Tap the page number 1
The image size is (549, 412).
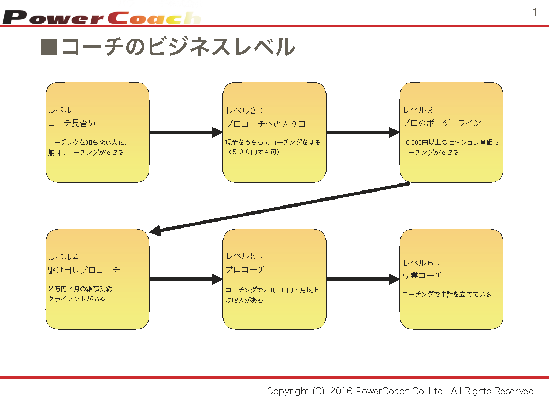[x=535, y=12]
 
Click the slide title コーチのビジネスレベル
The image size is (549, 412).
[x=178, y=47]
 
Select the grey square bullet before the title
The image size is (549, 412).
[x=49, y=47]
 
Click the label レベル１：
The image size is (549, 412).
[x=66, y=110]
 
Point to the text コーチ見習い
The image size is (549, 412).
[x=72, y=123]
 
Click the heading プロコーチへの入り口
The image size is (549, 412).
[x=265, y=124]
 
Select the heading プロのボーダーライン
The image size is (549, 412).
[x=442, y=123]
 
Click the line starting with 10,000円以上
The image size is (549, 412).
[x=450, y=143]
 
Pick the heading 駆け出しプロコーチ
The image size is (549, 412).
[x=84, y=270]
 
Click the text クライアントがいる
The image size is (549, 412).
[x=76, y=299]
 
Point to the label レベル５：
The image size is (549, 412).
[x=244, y=256]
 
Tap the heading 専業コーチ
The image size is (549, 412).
[x=422, y=275]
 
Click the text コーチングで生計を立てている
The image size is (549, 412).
[x=447, y=294]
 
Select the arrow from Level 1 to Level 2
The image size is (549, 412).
[x=186, y=132]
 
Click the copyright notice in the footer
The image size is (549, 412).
[x=401, y=391]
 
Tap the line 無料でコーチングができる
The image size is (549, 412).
[x=86, y=152]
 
